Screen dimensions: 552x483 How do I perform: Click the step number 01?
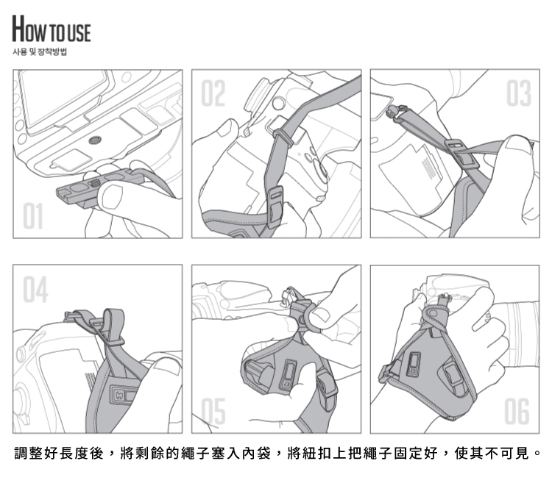click(x=33, y=215)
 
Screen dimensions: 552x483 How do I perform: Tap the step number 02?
click(x=213, y=93)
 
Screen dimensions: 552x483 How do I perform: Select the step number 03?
click(x=519, y=93)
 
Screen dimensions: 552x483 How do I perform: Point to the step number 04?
click(x=35, y=289)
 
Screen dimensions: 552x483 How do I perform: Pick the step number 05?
click(x=213, y=411)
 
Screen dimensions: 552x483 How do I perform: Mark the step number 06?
click(x=517, y=411)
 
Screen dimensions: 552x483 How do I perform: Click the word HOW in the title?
click(x=29, y=29)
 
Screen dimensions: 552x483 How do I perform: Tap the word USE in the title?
click(x=79, y=32)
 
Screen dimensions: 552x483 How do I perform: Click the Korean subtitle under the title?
click(x=40, y=51)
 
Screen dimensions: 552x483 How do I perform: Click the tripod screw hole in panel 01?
click(x=93, y=140)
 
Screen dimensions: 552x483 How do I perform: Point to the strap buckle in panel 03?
click(x=461, y=153)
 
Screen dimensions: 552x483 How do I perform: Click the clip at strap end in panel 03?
click(x=396, y=113)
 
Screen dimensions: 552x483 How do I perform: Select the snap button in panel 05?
click(x=302, y=320)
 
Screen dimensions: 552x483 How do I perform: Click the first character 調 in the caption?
click(x=21, y=453)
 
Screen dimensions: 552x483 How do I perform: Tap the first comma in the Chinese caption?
click(x=112, y=456)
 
